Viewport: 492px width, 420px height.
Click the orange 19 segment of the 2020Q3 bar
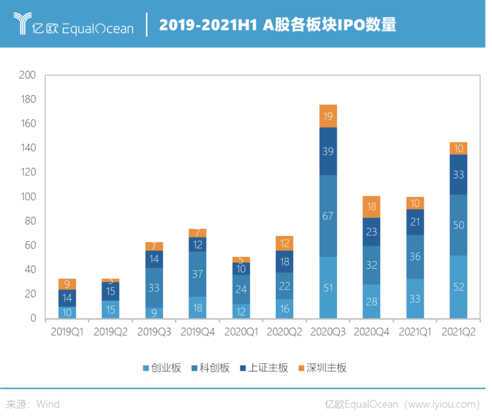pos(328,116)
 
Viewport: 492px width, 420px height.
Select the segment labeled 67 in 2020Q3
pos(328,216)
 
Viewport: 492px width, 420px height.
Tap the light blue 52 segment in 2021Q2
pos(458,287)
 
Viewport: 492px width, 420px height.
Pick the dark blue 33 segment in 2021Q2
pos(458,174)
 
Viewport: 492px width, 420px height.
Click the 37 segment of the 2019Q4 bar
pos(197,274)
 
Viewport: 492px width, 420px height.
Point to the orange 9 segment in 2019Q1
pos(67,284)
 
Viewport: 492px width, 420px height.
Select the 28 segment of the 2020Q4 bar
pos(371,301)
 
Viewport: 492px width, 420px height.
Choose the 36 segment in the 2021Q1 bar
pos(415,256)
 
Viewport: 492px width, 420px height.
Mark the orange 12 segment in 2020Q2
pos(284,243)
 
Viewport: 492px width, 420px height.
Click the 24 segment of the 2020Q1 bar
pos(241,289)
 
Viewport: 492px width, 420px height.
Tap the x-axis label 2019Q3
pos(154,332)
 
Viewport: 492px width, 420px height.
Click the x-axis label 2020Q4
pos(372,332)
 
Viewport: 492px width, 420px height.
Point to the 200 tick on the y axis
pos(27,75)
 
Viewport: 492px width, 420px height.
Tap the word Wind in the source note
pos(48,404)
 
